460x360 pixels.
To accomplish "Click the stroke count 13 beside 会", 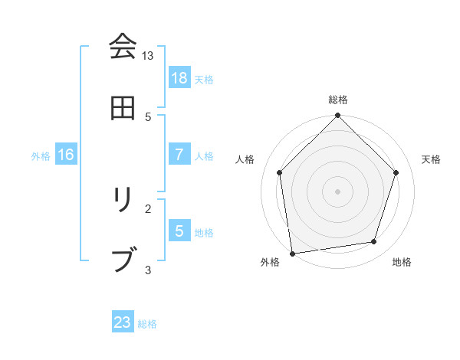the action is (148, 56).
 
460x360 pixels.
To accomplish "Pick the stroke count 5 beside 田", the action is (148, 116).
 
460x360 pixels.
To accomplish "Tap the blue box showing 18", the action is (179, 77).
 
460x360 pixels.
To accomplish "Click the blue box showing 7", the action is (179, 155).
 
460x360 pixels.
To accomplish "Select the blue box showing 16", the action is (66, 155).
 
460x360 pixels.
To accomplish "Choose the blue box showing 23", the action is (123, 322).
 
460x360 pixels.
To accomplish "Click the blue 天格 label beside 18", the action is (204, 79).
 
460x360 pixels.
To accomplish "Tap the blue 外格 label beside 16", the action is (41, 156).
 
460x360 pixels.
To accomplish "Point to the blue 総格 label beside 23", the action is (147, 324).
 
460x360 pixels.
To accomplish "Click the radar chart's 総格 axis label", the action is (338, 100).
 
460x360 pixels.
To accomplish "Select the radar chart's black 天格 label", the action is (432, 159).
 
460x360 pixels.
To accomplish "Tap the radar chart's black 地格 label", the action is (402, 263).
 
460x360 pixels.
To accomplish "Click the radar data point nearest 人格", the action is (280, 172).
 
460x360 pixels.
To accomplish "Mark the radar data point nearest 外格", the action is (292, 253).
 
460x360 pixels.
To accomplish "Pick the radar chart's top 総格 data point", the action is (338, 116).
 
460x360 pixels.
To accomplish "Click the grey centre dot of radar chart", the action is (338, 191).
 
